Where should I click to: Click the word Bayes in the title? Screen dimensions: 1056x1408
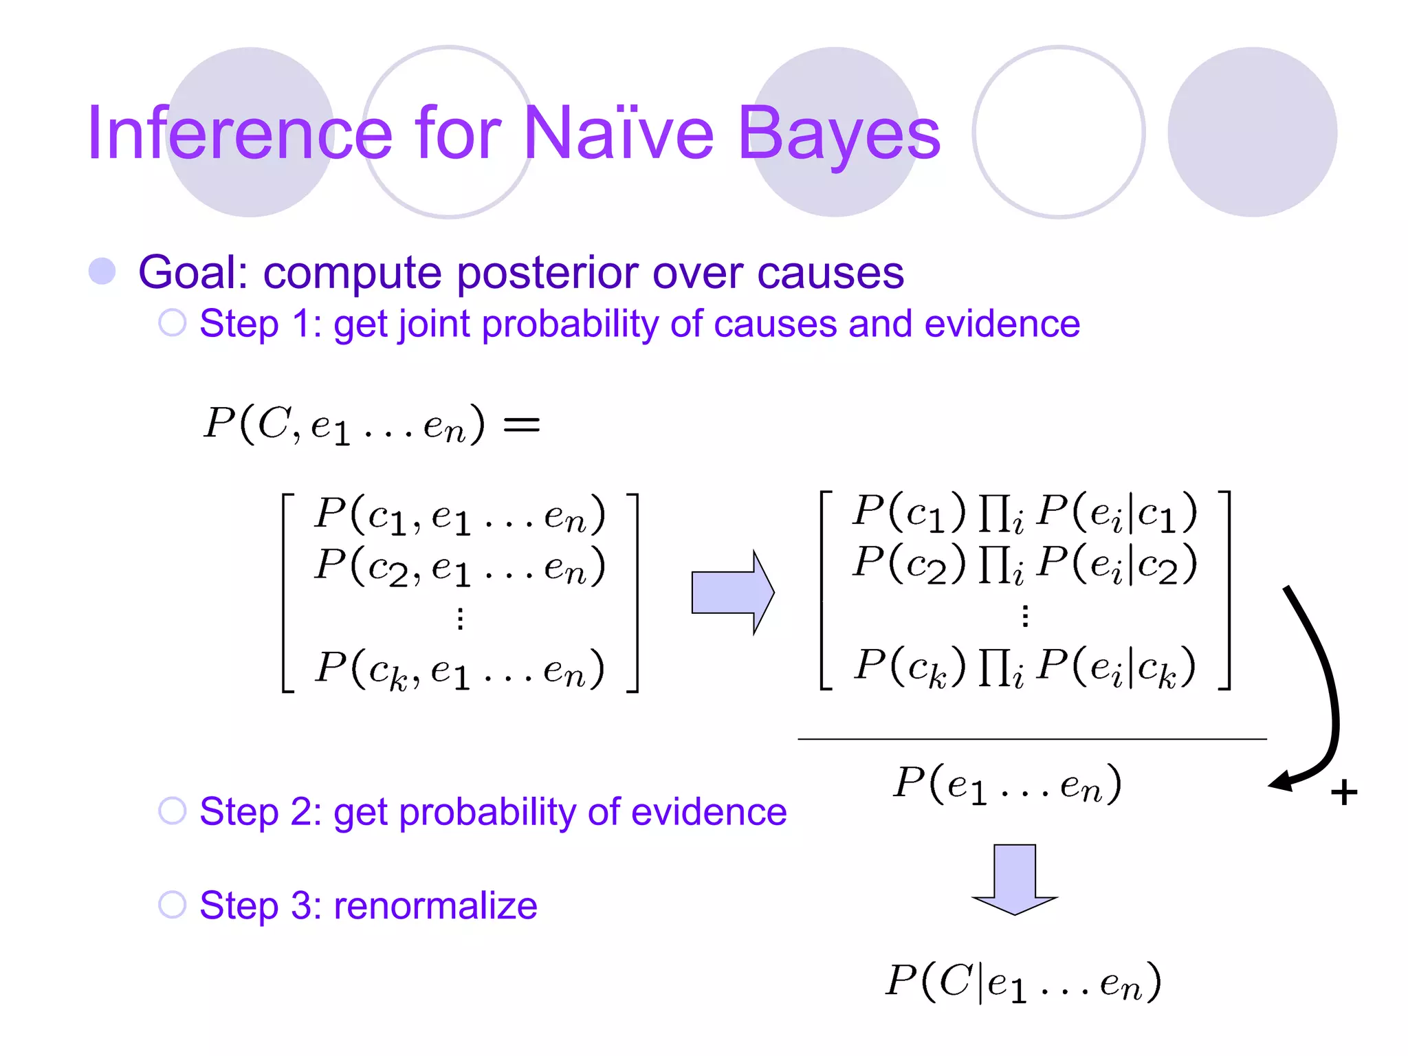838,133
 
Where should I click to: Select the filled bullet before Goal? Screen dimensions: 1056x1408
102,271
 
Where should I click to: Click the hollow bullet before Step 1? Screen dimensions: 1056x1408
173,322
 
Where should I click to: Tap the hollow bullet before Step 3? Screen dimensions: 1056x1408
173,905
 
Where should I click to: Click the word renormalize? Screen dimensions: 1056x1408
435,905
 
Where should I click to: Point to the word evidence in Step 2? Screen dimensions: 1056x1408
708,811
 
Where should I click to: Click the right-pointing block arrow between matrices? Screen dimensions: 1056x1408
732,592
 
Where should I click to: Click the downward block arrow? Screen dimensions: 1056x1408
1015,879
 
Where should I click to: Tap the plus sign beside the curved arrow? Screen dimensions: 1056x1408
1343,793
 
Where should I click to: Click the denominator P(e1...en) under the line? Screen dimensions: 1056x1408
1007,784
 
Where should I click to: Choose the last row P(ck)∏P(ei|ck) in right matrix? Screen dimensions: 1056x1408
1024,667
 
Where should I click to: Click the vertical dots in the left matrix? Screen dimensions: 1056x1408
461,619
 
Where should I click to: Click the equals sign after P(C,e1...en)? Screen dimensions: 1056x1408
522,424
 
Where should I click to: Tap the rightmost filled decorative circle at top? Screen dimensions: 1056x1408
1252,132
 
